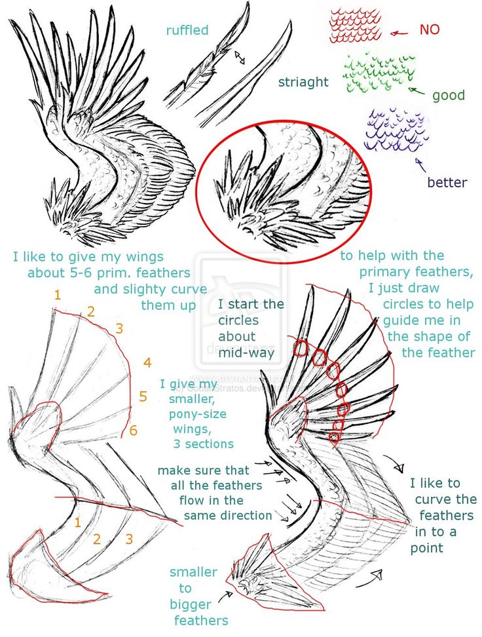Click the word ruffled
coord(187,30)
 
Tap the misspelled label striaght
coord(303,82)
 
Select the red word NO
coord(429,29)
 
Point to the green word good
coord(448,96)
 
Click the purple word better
coord(447,182)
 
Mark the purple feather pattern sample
coord(396,130)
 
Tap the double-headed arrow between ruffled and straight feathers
coord(239,58)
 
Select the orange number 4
coord(147,362)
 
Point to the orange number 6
coord(134,431)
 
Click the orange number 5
coord(143,396)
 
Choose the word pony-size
coord(198,414)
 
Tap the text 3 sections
coord(203,444)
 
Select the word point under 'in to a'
coord(427,547)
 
